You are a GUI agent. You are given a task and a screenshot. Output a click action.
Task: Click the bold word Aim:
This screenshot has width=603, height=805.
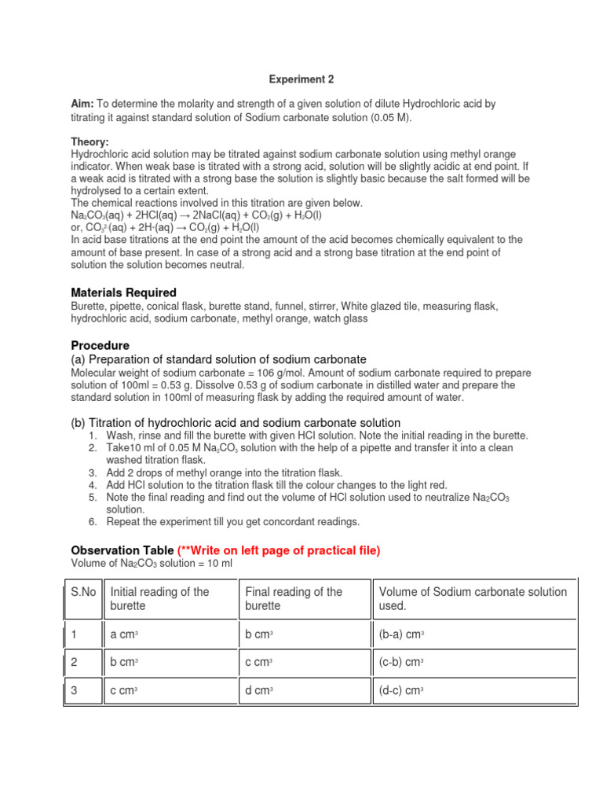pos(84,104)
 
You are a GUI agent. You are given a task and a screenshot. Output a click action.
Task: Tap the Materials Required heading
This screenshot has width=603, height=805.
pos(123,292)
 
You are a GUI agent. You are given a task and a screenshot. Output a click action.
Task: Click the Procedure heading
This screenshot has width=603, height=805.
pos(100,345)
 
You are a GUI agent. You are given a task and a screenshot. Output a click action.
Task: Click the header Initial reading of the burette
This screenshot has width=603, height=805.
pos(160,599)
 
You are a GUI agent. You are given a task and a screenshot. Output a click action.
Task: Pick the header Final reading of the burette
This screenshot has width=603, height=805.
pos(294,599)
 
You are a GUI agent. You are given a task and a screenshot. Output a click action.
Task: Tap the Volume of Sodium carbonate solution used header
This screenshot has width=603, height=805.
pos(473,599)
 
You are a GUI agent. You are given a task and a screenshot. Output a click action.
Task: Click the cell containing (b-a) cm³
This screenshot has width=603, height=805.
pos(401,634)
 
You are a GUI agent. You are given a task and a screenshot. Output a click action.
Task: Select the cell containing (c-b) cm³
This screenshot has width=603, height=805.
pos(401,662)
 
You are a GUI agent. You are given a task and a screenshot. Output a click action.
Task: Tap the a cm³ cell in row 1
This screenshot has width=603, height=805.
pos(124,634)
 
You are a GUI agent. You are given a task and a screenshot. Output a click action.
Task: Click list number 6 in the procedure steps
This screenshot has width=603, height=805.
pos(92,521)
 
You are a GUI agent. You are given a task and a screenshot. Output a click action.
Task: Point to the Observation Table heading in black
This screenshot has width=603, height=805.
pos(122,550)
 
